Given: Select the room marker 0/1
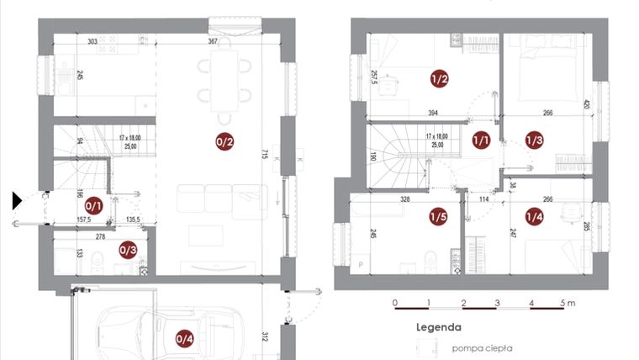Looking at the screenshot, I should [93, 204].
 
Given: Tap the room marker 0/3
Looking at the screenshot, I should [128, 249].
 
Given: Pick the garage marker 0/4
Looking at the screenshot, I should [184, 339].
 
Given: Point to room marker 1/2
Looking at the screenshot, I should [439, 80].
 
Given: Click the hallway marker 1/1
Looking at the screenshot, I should [481, 140].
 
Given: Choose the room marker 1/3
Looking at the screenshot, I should [535, 140].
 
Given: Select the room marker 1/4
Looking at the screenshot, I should [535, 217].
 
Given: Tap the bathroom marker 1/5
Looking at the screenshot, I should [438, 217].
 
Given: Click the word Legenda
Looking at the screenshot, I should [438, 327].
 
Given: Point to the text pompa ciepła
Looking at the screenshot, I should [482, 347].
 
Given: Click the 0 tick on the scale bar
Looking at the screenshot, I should [395, 302].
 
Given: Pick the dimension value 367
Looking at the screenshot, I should [214, 40].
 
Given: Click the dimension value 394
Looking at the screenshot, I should [433, 113].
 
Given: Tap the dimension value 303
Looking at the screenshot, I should [92, 40].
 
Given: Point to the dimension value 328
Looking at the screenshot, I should [404, 200].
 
